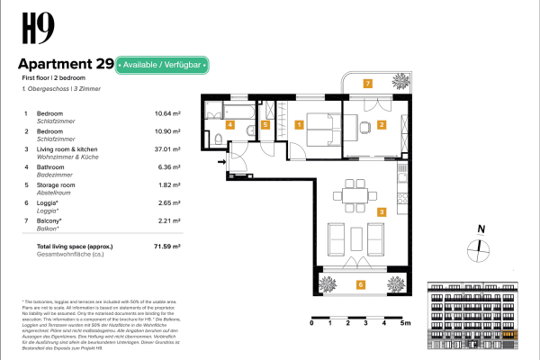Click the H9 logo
pos(33,32)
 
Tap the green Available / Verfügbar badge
pos(163,65)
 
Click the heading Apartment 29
pos(66,65)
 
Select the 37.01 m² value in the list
pos(167,148)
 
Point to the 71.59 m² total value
pos(167,245)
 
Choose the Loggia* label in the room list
pos(48,202)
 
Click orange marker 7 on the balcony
pos(367,83)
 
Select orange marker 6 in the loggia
pos(361,284)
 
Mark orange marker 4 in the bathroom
pos(230,125)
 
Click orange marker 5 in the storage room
pos(265,125)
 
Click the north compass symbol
pos(481,244)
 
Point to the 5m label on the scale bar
pos(406,321)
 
